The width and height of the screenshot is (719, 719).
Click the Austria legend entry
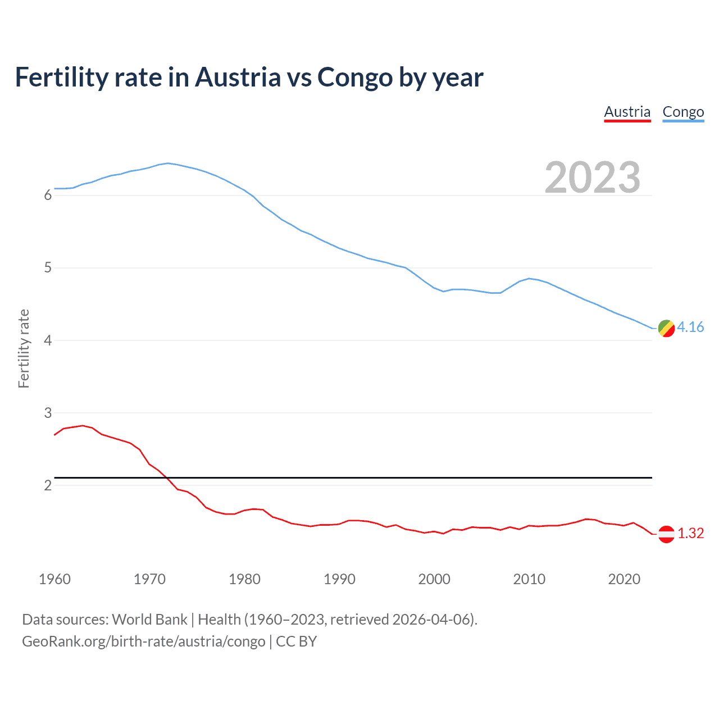[x=627, y=112]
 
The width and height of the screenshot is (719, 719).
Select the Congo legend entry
[x=683, y=112]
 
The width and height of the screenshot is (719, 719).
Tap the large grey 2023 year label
[x=592, y=178]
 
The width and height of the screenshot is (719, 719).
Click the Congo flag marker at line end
[x=666, y=328]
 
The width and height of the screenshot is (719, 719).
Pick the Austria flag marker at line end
[x=666, y=534]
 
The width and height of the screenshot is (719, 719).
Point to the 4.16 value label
[x=690, y=327]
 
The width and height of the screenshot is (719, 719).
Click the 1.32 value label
[x=690, y=533]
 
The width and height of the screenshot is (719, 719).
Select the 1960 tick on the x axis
[x=54, y=579]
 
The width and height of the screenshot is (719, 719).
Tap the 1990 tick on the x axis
[x=339, y=579]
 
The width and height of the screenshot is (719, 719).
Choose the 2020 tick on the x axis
[x=624, y=579]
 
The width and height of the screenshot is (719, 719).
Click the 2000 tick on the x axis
[x=434, y=579]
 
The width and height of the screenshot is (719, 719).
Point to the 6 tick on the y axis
[x=48, y=195]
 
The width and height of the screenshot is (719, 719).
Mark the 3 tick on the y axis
[x=48, y=413]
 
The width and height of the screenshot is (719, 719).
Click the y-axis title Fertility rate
[x=24, y=348]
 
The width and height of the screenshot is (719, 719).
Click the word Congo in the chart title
[x=355, y=78]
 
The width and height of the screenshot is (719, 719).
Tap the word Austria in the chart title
[x=238, y=78]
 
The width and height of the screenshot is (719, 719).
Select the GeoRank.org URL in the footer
[x=143, y=641]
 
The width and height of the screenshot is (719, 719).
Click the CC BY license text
[x=296, y=641]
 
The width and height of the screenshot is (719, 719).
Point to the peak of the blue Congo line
[x=168, y=163]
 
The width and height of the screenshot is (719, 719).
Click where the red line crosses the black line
[x=167, y=477]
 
